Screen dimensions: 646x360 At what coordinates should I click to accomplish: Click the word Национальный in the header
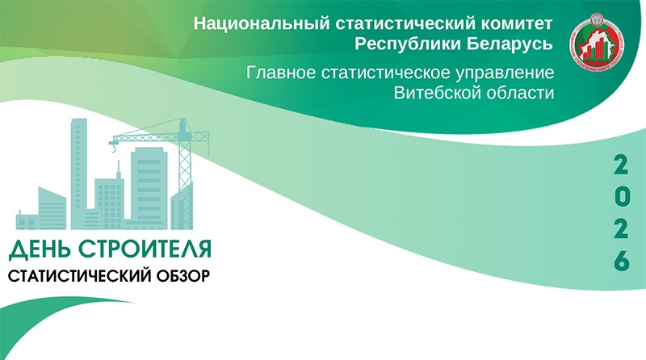[262, 23]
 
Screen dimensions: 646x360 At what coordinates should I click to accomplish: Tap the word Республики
[408, 44]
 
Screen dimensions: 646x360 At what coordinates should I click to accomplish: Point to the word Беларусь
[510, 44]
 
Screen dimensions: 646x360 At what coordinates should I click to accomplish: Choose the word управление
[505, 73]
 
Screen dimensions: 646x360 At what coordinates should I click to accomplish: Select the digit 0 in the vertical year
[622, 197]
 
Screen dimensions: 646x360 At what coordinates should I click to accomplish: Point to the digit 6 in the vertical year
[622, 261]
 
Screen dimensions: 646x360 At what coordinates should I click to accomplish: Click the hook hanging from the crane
[114, 149]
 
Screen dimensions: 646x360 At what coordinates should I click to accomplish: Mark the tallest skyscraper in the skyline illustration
[78, 173]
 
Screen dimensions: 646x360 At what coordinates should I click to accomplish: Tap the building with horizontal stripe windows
[149, 188]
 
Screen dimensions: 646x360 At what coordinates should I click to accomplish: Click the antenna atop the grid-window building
[118, 170]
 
